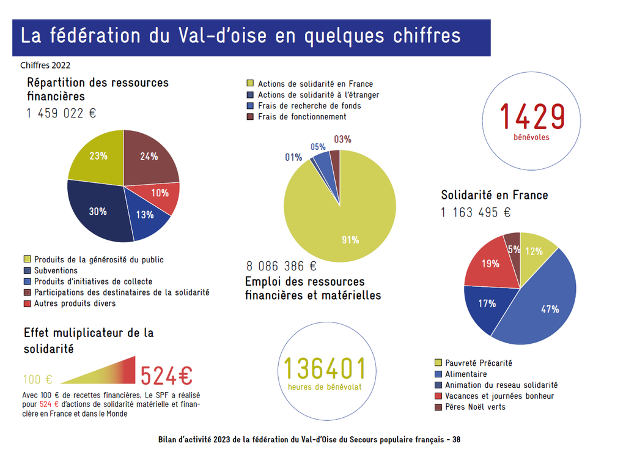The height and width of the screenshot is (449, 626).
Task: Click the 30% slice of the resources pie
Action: [98, 211]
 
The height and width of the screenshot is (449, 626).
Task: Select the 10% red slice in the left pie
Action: [160, 193]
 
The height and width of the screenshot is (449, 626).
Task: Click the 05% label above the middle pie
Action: [318, 147]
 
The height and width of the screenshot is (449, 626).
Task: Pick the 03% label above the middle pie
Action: [343, 139]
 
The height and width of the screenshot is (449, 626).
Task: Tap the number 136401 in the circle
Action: [325, 368]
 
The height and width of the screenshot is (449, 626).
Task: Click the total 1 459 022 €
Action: [61, 113]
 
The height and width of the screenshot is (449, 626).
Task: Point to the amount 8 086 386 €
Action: [281, 266]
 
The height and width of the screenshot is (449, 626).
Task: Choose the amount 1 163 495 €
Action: [476, 212]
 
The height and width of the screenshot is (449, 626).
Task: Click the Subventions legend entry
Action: [56, 270]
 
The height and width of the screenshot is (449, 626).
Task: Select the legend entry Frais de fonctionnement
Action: [302, 117]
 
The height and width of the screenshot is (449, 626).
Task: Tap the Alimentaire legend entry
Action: [466, 374]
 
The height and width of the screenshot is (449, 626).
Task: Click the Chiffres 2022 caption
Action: [45, 65]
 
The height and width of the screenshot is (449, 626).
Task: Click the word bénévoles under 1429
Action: [531, 137]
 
